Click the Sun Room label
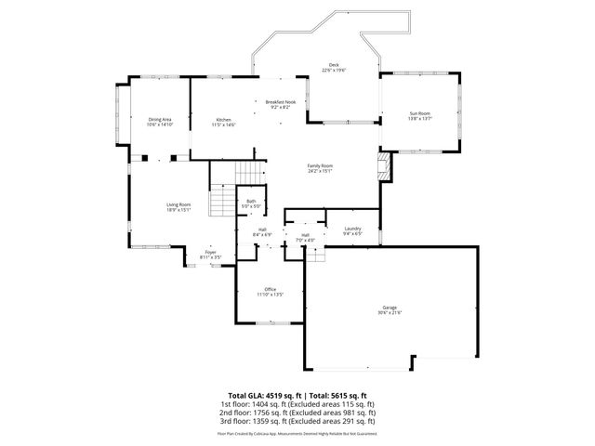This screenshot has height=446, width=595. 420,113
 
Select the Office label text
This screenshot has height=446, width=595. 270,289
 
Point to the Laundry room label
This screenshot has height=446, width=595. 352,229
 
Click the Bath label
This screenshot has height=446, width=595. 251,201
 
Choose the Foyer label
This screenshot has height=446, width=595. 211,252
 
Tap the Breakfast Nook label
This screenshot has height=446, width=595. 281,102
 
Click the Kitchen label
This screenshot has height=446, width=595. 224,120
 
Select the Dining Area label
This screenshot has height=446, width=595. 160,119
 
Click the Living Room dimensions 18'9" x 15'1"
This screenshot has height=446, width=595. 178,209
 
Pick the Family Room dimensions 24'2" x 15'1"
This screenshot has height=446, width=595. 320,171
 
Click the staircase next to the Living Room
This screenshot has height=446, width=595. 219,200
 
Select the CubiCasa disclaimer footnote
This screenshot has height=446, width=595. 297,433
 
